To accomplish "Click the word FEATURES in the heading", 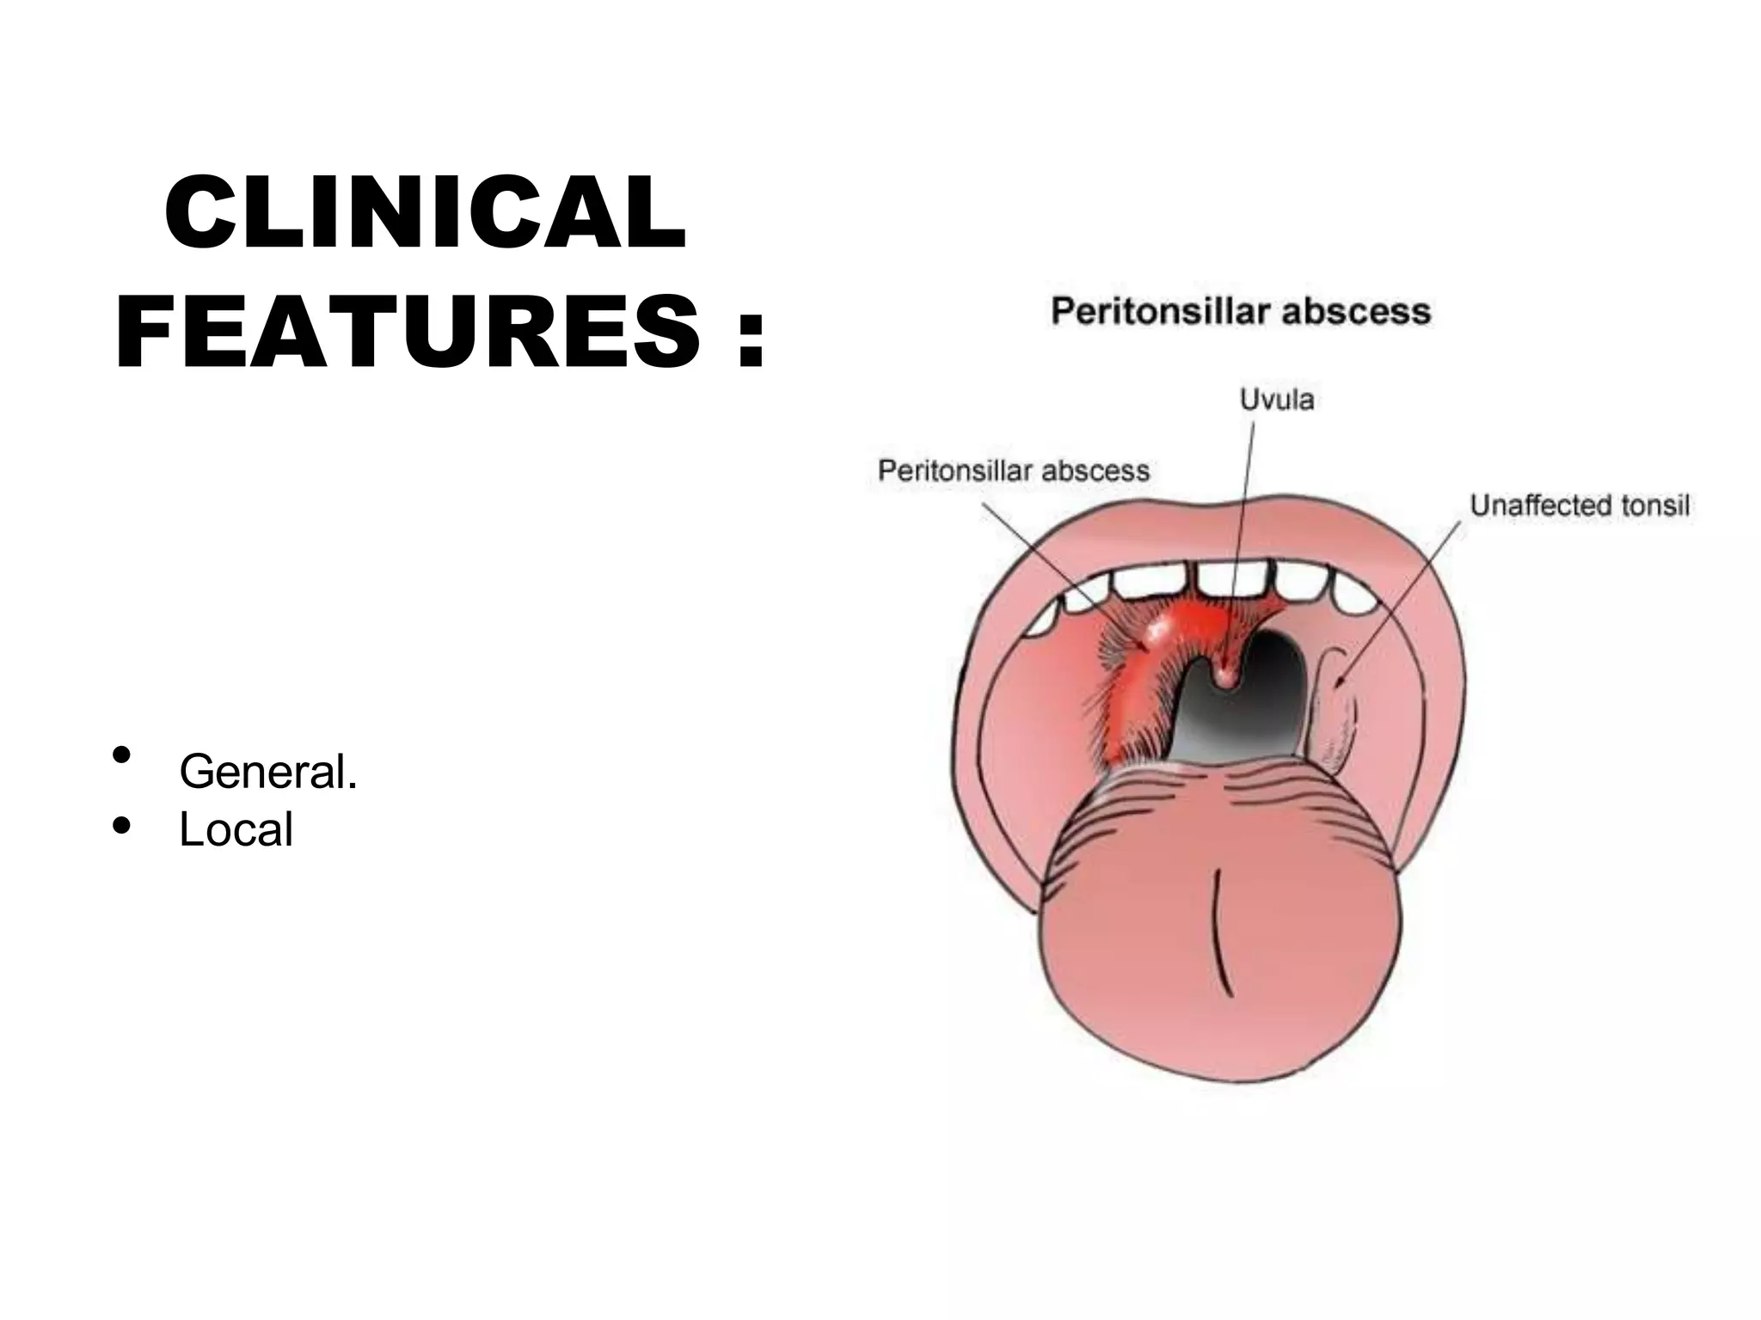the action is (408, 332).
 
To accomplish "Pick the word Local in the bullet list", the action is (236, 829).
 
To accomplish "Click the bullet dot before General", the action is (121, 755).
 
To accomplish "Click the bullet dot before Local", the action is (121, 825).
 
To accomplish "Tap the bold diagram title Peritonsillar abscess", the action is (1241, 311).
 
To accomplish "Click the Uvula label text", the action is (1276, 400).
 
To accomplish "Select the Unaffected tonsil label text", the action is (1580, 505).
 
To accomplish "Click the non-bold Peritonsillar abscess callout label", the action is (1014, 471).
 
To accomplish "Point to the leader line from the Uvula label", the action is (1243, 516).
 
